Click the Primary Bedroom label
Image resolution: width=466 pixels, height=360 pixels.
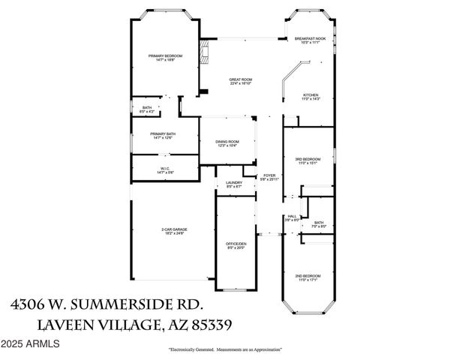click(x=165, y=56)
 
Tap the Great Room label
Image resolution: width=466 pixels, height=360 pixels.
click(x=241, y=80)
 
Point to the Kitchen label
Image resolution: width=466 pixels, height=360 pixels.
click(x=311, y=96)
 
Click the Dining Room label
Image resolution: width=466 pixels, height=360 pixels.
click(x=227, y=142)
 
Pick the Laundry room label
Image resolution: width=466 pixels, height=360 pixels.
click(x=233, y=184)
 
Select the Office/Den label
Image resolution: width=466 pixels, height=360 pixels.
click(x=236, y=245)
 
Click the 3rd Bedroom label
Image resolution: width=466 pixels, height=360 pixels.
click(x=308, y=160)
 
